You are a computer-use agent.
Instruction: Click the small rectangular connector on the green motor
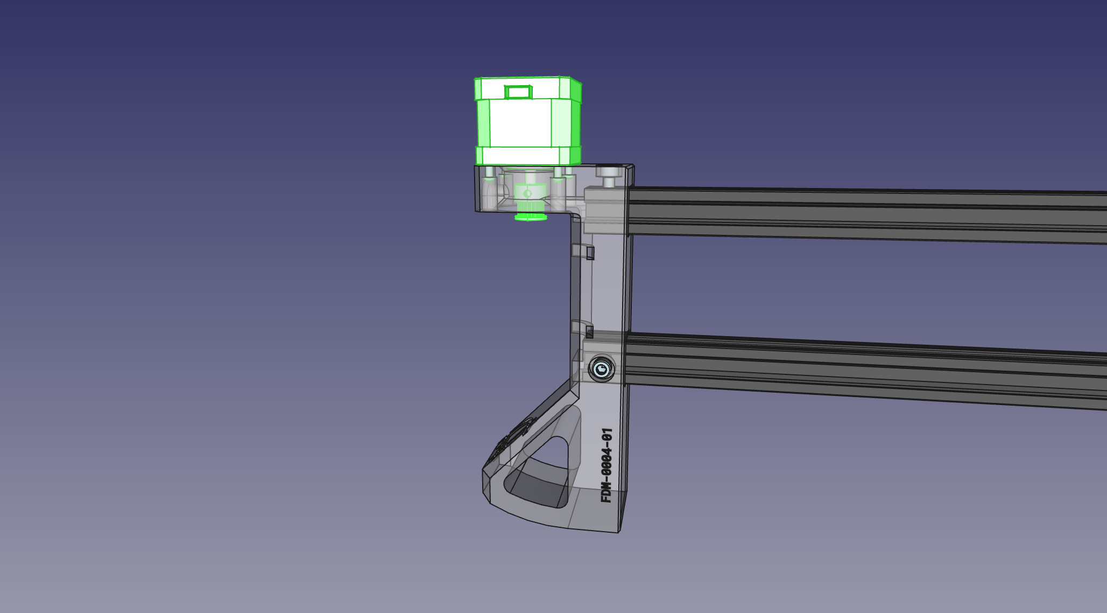pos(518,92)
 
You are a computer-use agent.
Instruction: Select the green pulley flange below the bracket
pos(531,217)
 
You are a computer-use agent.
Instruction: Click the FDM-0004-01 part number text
pos(607,465)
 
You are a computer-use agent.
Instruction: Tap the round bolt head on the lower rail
pos(601,369)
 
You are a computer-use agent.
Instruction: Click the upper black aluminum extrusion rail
pos(866,215)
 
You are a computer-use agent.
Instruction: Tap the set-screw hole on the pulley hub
pos(527,193)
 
